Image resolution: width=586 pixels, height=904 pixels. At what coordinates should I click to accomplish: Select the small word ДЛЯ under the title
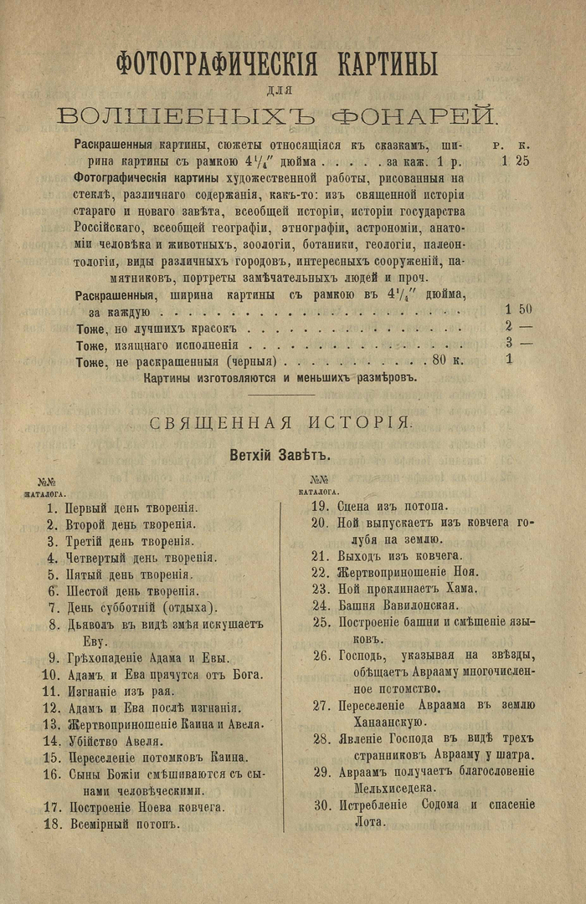pyautogui.click(x=288, y=88)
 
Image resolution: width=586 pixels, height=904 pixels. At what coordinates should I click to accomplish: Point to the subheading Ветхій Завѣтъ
pyautogui.click(x=280, y=456)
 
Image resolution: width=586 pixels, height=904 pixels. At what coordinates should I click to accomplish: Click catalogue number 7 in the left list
pyautogui.click(x=53, y=607)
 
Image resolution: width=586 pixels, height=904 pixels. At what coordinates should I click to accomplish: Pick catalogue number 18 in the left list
pyautogui.click(x=50, y=824)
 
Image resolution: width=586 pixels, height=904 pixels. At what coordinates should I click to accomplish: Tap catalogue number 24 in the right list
pyautogui.click(x=319, y=605)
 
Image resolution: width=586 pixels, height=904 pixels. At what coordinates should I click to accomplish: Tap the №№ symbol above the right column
pyautogui.click(x=319, y=480)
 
